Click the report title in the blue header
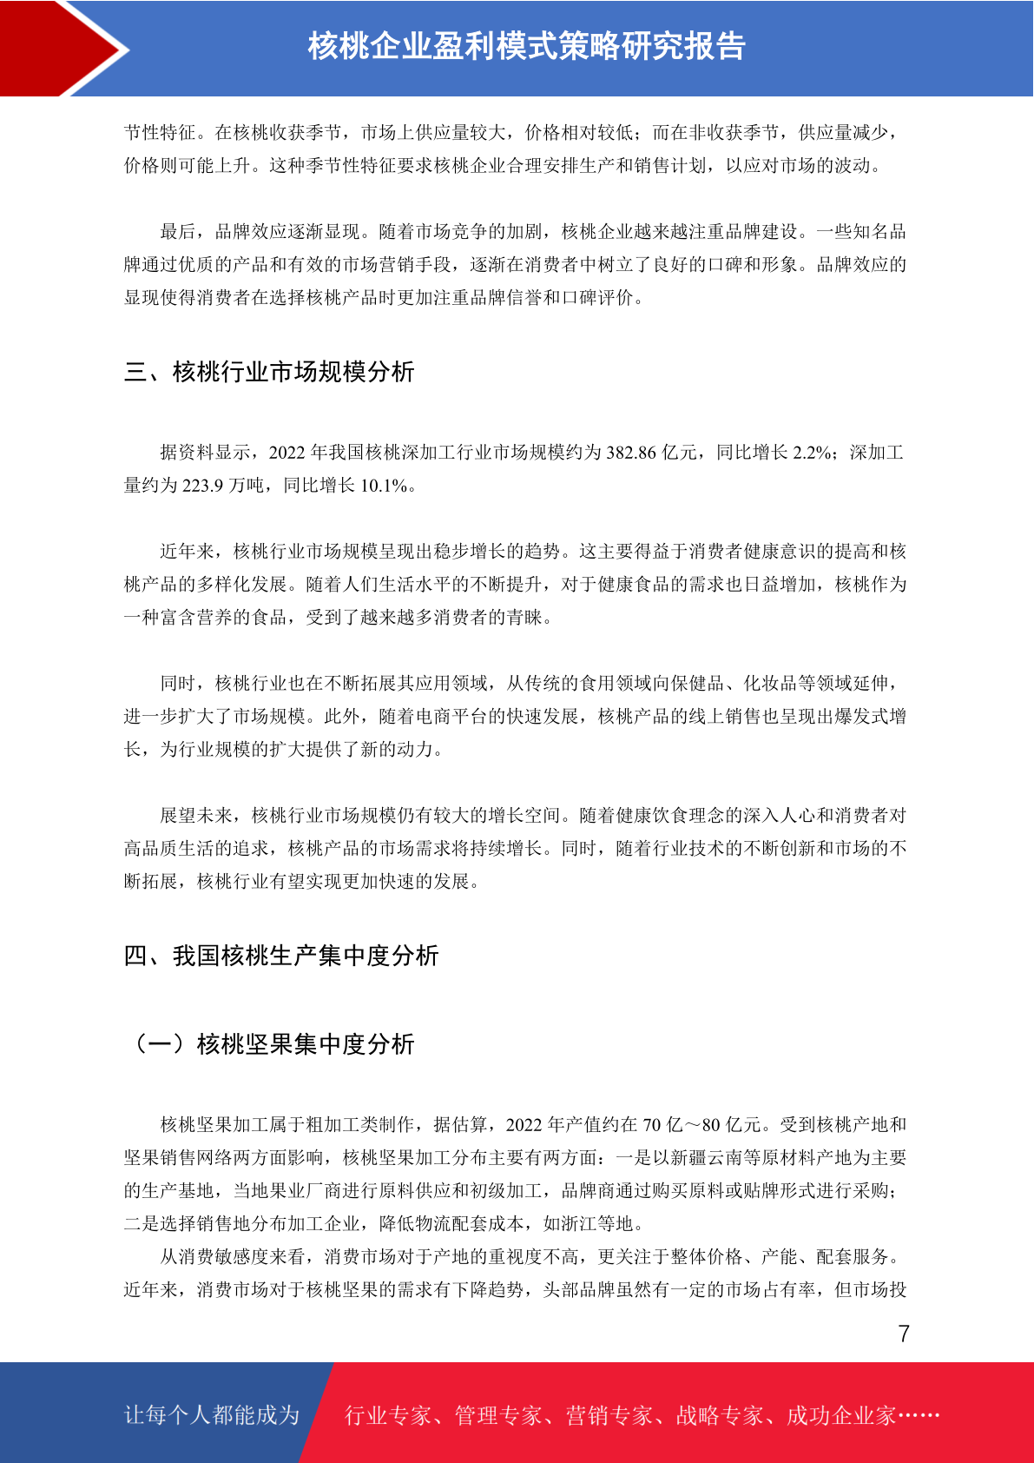coord(526,47)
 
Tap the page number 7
coord(904,1334)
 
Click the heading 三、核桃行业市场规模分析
coord(269,373)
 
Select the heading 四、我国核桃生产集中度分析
coord(281,957)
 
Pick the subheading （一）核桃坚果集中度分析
coord(269,1044)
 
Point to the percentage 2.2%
coord(813,453)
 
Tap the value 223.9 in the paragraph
coord(203,486)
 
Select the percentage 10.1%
coord(384,486)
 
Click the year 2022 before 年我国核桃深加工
coord(287,453)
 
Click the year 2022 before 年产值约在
coord(524,1125)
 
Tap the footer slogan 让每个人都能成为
coord(212,1415)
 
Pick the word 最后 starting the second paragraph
coord(178,232)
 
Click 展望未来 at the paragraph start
coord(196,816)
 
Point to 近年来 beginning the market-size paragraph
coord(187,552)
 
